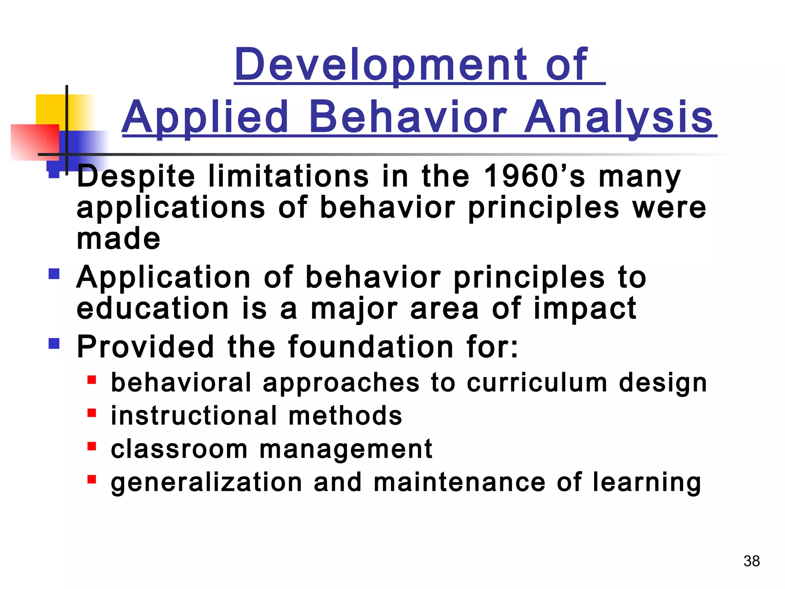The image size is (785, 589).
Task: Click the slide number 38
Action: click(x=751, y=561)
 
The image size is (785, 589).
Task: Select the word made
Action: click(x=118, y=239)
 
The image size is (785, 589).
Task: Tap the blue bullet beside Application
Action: click(x=54, y=274)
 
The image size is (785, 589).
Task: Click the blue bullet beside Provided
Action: click(x=54, y=343)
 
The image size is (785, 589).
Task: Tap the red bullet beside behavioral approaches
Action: click(x=92, y=380)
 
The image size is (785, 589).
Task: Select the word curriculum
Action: click(x=537, y=383)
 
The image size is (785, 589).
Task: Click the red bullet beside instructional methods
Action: click(x=92, y=413)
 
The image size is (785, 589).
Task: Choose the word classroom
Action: click(x=179, y=449)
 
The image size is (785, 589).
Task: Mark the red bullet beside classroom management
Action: click(x=92, y=446)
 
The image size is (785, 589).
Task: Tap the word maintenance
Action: click(x=459, y=482)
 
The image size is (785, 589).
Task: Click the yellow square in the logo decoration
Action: click(x=50, y=109)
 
